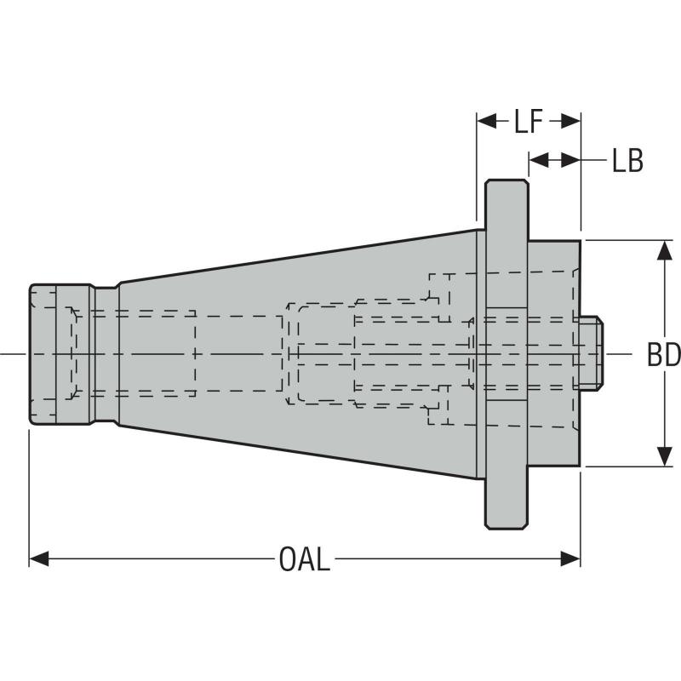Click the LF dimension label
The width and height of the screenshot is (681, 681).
point(528,122)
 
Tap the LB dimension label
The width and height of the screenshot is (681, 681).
point(627,160)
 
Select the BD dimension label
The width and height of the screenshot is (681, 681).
point(663,354)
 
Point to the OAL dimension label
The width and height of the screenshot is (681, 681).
point(304,559)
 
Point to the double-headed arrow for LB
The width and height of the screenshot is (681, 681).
point(554,160)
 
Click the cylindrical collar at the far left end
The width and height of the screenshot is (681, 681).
point(60,353)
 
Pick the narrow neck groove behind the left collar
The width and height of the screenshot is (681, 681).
point(105,353)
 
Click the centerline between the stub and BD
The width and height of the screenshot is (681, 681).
point(620,353)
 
